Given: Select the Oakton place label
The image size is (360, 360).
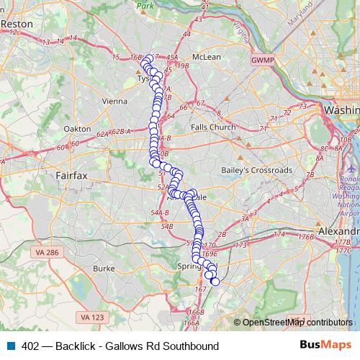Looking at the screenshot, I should pos(78,129).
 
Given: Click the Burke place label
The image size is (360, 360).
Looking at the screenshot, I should pos(104,269).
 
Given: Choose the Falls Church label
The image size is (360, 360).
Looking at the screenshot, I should pos(213,127).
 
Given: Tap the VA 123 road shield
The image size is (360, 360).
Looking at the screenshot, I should pos(92,318).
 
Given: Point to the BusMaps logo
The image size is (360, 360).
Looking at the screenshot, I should pos(326,346).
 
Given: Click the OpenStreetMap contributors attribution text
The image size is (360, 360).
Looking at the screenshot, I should pos(297,323).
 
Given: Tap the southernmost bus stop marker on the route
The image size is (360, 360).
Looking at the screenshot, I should pos(215,282).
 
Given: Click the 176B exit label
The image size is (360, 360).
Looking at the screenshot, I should pos(307,236).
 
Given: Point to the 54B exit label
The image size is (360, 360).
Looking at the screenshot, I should pos(167,227).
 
